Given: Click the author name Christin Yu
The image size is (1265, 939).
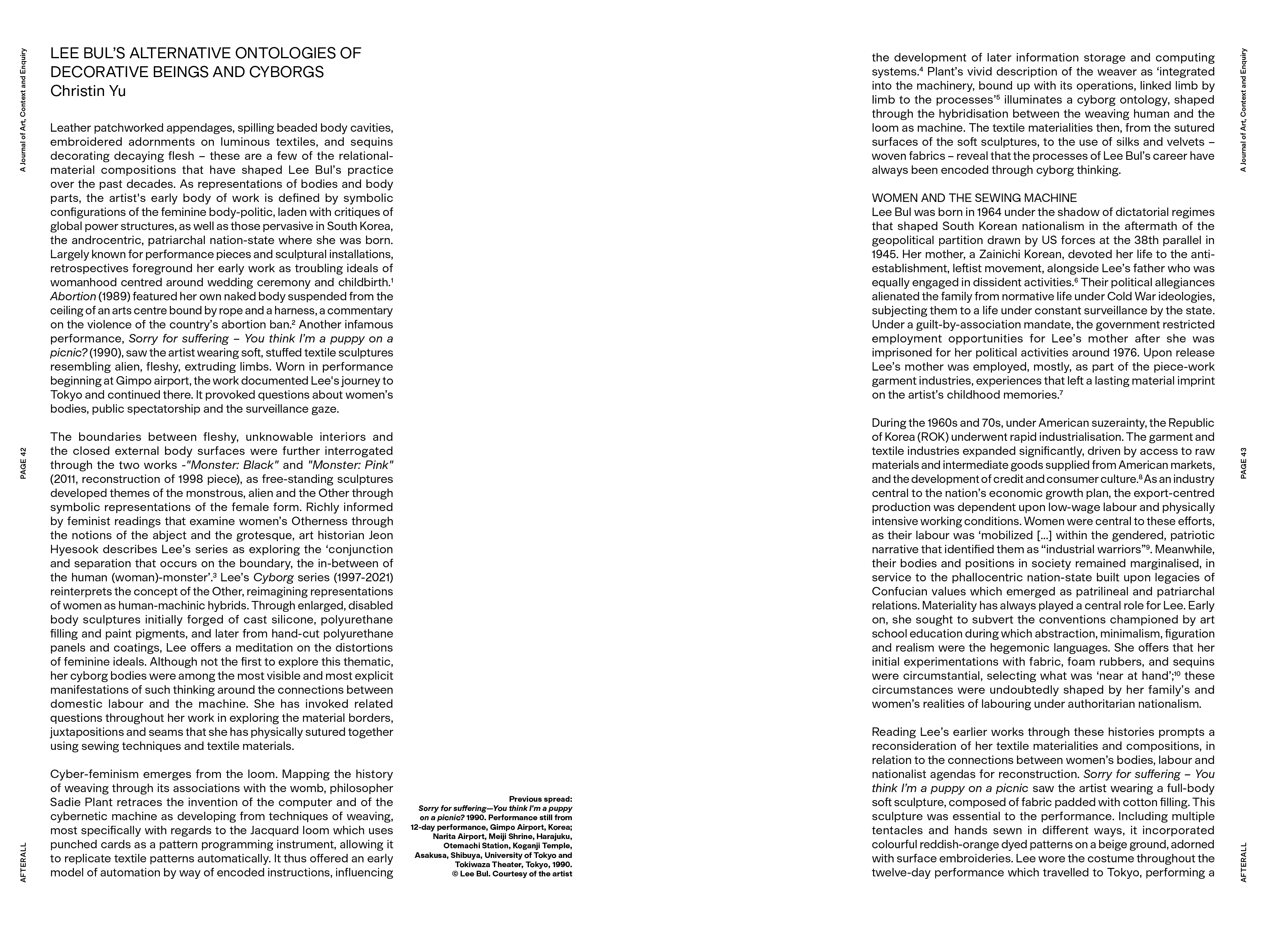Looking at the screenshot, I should click(x=88, y=91).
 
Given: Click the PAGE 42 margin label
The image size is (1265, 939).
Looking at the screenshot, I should click(x=23, y=463).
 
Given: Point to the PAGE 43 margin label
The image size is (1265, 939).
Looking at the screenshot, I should click(x=1243, y=463).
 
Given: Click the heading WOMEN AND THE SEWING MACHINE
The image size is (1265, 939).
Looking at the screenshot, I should click(x=974, y=198).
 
